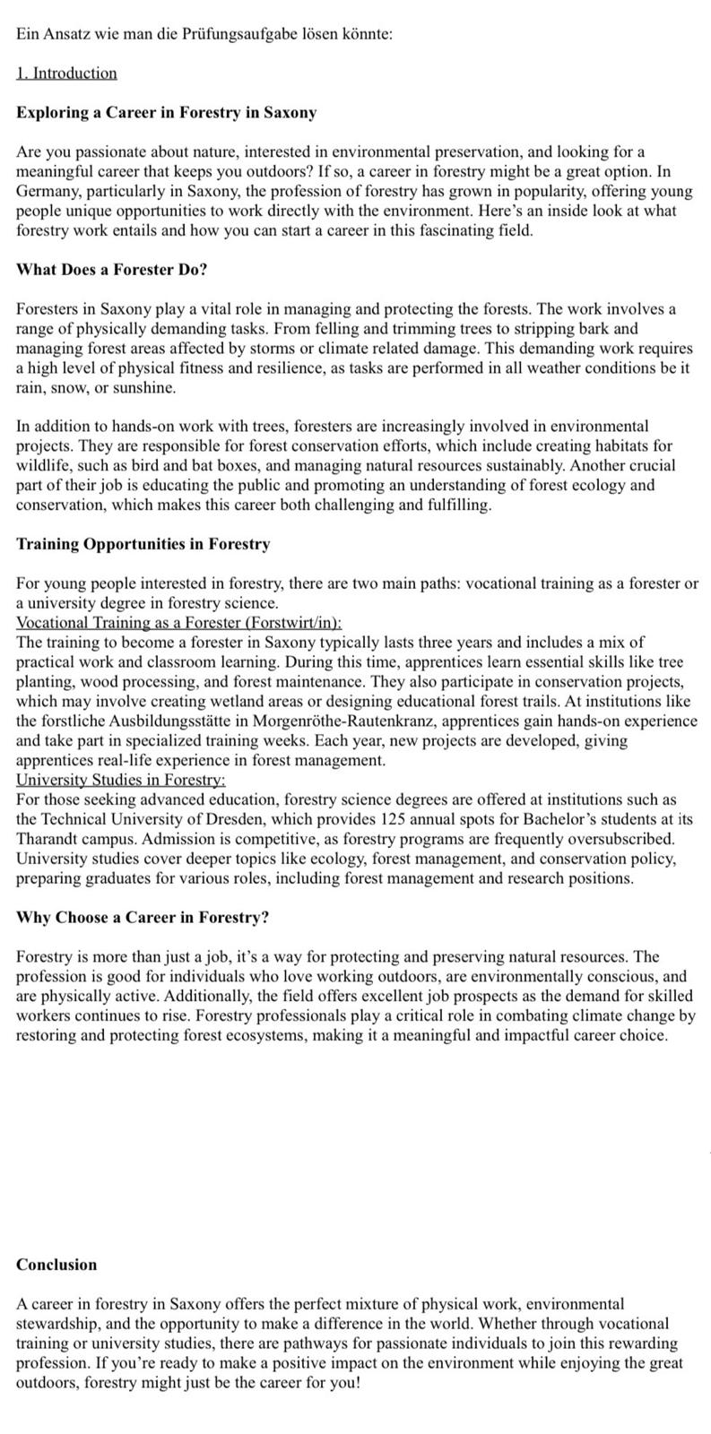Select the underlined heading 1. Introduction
(66, 73)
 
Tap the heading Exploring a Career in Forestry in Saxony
(166, 113)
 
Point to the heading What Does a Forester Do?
(112, 270)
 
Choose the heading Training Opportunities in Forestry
(143, 544)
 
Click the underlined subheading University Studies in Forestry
(121, 780)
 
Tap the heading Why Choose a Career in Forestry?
(143, 918)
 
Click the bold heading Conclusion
(56, 1265)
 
